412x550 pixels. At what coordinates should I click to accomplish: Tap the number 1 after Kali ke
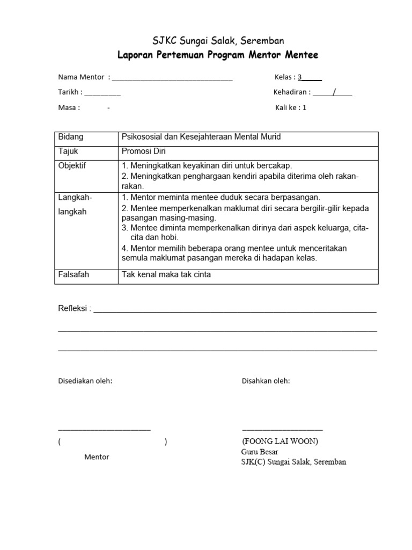coord(304,107)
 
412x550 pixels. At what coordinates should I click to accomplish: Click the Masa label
coord(68,107)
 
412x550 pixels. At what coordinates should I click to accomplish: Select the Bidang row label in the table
coord(71,137)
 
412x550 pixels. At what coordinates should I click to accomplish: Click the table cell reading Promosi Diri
coord(144,151)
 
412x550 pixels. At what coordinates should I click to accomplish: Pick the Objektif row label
coord(72,165)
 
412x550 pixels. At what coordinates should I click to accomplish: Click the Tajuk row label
coord(68,151)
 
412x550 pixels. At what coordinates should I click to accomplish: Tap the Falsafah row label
coord(73,275)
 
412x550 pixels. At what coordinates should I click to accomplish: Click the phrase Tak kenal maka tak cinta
coord(167,275)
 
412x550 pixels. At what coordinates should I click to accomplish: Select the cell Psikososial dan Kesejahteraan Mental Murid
coord(202,137)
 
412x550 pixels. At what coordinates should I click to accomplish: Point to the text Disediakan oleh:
coord(85,381)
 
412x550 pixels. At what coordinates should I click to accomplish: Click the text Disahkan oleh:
coord(266,381)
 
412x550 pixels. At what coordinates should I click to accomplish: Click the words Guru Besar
coord(260,452)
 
